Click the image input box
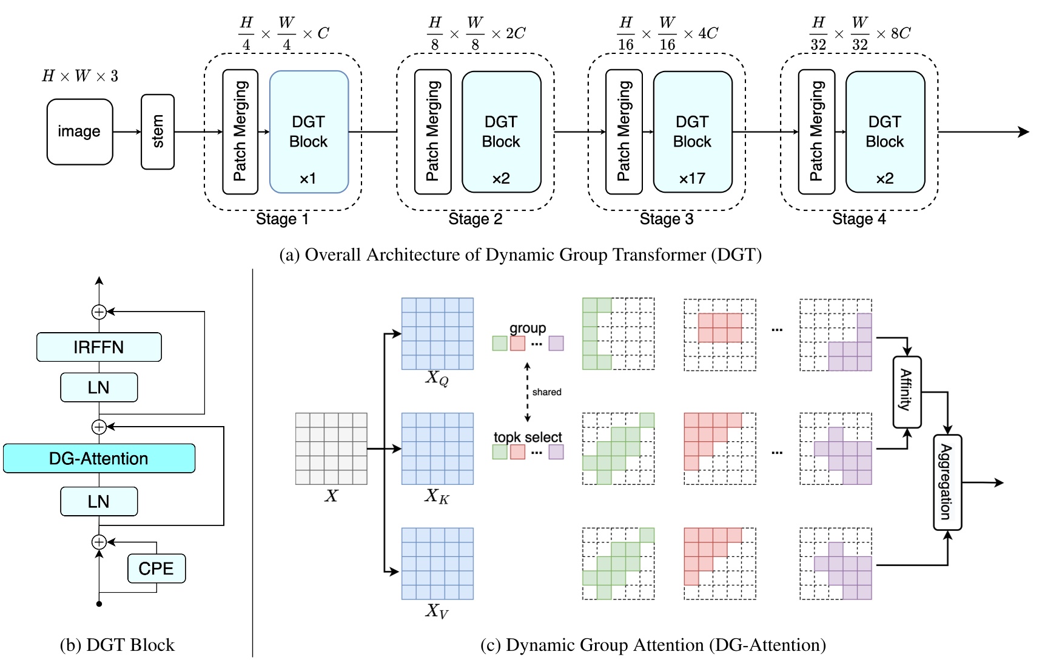[x=79, y=132]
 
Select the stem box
[x=158, y=132]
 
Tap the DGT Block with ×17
[x=692, y=132]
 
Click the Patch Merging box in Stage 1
[x=240, y=132]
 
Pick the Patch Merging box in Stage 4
[x=816, y=132]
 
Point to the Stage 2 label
[x=475, y=219]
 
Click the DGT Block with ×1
[x=309, y=132]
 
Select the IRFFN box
[x=99, y=347]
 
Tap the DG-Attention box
[x=99, y=458]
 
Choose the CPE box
[x=156, y=568]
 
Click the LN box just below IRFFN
[x=99, y=387]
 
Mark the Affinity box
[x=907, y=392]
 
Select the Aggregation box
[x=947, y=482]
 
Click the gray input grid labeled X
[x=331, y=448]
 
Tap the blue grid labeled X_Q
[x=437, y=333]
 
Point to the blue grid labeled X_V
[x=437, y=563]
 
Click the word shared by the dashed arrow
[x=546, y=392]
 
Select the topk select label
[x=528, y=437]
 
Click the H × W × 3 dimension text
[x=80, y=76]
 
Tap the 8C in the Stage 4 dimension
[x=901, y=33]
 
